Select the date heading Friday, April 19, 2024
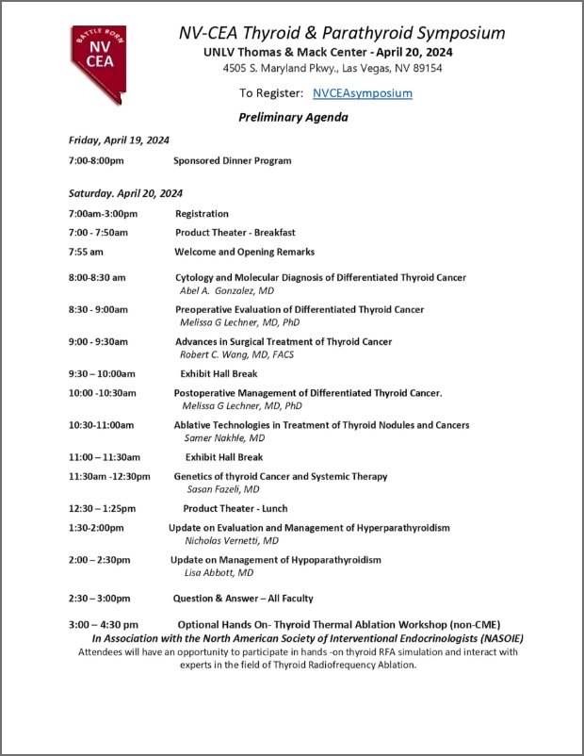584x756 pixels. [x=119, y=140]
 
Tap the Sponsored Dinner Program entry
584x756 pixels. [x=232, y=161]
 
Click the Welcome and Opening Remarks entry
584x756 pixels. [x=244, y=253]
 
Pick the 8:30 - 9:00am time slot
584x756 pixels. [x=98, y=310]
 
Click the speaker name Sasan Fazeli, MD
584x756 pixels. [x=223, y=490]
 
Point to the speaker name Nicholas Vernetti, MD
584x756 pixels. [x=231, y=541]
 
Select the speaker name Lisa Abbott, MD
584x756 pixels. [x=219, y=573]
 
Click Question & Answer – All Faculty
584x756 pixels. [x=242, y=599]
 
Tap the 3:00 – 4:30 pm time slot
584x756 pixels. [x=104, y=625]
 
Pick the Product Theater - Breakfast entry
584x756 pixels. [x=235, y=233]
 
